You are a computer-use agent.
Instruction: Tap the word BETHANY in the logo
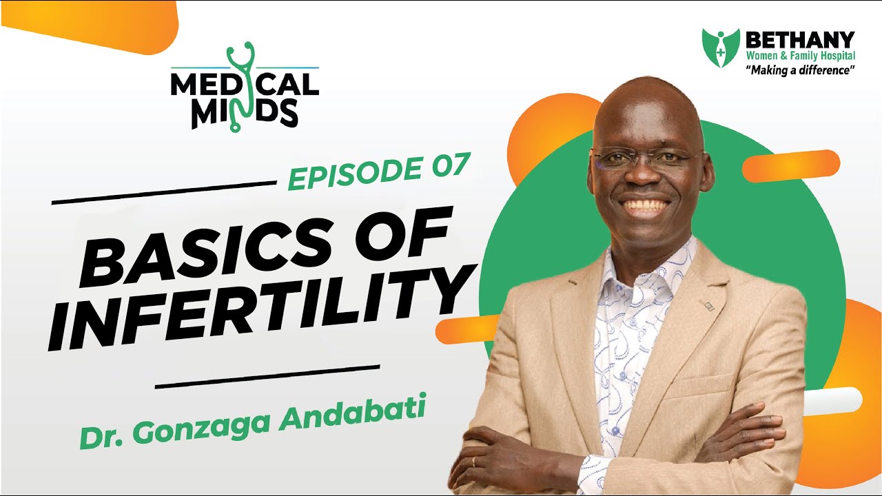[800, 41]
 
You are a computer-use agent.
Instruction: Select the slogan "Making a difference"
[799, 70]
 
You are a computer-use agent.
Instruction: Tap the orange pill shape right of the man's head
[790, 166]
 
